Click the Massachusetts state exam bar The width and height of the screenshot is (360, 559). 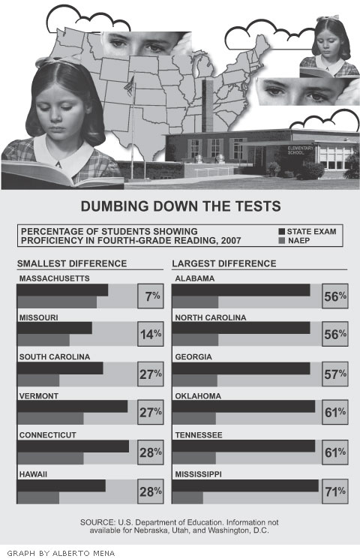(62, 290)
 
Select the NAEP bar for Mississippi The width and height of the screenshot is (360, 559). (187, 497)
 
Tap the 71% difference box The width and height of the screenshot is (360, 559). (335, 491)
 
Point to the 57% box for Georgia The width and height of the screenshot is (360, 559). (335, 374)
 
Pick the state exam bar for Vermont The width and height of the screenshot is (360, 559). (72, 407)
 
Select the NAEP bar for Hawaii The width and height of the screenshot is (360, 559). (38, 497)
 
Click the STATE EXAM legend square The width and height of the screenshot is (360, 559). (282, 232)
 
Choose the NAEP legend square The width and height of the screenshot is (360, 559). (282, 241)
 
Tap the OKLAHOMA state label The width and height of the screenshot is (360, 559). (198, 396)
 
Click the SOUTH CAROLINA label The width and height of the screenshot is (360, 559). (55, 357)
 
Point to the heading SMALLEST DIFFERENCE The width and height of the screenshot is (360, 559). (72, 263)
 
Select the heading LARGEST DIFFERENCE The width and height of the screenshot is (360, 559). (224, 263)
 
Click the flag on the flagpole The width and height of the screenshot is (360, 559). (129, 86)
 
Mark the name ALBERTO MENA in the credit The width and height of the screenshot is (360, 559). (84, 553)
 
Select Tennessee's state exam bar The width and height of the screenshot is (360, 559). (244, 446)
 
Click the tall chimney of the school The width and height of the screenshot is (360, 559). (208, 106)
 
